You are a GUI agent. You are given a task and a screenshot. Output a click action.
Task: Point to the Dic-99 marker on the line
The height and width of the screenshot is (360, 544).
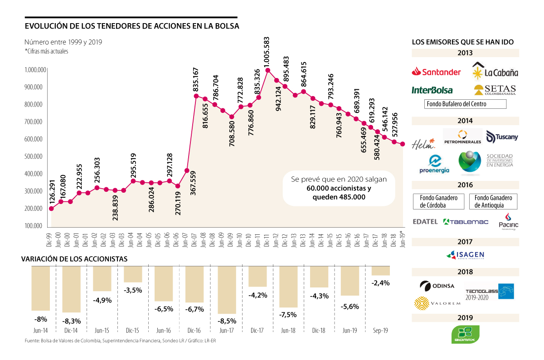pos(51,209)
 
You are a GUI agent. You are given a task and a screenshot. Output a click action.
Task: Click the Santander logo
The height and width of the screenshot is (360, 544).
pos(436,72)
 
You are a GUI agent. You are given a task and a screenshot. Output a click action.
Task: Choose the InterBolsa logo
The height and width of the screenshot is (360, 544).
pos(432,90)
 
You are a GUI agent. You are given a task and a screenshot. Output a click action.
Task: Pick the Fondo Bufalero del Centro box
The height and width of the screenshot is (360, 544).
pos(465,104)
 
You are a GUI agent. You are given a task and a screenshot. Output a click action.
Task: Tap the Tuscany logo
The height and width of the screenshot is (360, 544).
pos(502,136)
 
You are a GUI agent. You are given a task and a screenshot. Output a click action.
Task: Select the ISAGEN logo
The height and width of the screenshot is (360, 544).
pos(466,255)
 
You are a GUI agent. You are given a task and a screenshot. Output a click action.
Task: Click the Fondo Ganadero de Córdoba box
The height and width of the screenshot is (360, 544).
pos(438,201)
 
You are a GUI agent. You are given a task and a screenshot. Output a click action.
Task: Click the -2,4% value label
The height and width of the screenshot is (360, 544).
pos(380,282)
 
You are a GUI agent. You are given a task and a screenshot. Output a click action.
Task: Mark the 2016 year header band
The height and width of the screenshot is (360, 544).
pos(465,185)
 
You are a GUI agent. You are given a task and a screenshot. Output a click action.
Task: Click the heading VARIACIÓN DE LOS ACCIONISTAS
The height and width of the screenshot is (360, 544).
pos(74,259)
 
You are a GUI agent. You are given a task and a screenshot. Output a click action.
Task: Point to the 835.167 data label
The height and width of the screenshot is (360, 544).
pos(196,80)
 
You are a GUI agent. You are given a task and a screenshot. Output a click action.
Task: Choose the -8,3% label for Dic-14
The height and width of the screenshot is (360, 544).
pos(71,320)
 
